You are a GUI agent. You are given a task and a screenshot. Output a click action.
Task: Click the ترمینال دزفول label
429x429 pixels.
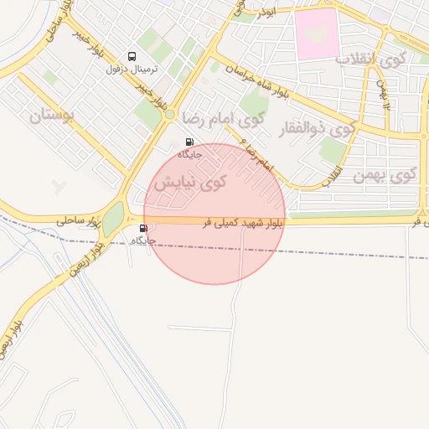click(130, 69)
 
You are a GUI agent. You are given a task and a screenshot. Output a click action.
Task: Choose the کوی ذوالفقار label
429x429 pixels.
click(321, 131)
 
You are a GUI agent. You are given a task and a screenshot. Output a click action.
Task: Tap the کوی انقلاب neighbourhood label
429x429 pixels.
click(370, 59)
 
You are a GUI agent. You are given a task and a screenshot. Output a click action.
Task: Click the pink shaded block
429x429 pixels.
click(317, 34)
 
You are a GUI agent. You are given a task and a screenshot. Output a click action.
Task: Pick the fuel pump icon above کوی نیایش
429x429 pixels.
click(189, 142)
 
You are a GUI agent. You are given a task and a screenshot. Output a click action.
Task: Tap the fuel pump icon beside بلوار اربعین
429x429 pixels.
click(143, 228)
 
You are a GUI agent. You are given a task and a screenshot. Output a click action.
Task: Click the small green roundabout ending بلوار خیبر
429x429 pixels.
click(169, 115)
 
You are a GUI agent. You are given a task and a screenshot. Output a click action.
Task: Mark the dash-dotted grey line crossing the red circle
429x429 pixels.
click(251, 249)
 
